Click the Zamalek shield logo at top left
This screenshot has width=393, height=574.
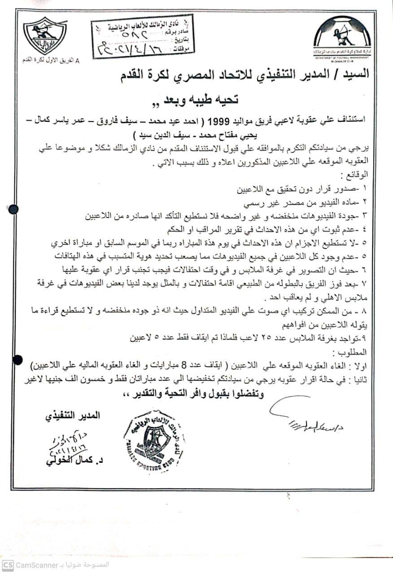45,36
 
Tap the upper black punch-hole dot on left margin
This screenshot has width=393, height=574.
13,208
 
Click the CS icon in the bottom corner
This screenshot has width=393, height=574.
8,565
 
